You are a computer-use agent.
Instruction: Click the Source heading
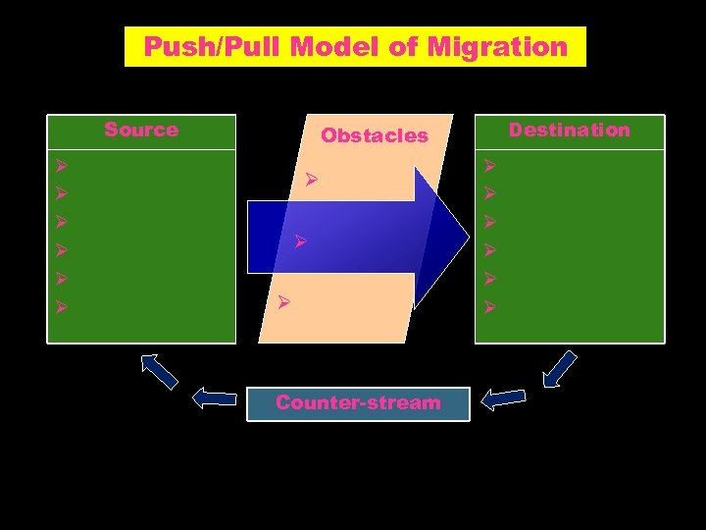141,130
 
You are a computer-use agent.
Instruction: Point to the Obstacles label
375,135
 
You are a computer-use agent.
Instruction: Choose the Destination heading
570,130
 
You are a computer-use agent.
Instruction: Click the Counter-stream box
358,402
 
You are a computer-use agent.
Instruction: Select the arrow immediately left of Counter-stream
215,397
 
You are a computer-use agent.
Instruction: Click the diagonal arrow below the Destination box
559,369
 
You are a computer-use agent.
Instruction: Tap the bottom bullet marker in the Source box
61,307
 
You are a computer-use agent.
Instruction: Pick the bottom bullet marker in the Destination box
490,307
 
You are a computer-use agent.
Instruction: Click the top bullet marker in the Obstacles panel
311,180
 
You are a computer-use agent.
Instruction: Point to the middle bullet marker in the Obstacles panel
302,240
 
